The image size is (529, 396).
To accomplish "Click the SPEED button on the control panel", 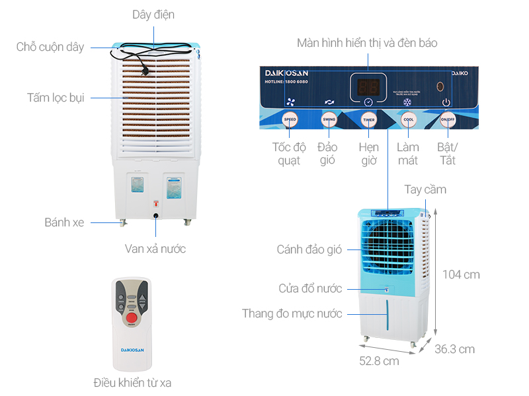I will coord(290,119).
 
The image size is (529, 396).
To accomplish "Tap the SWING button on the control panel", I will coord(329,119).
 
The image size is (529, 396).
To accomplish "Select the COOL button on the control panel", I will coord(409,120).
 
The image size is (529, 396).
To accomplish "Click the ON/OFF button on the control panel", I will coord(448,120).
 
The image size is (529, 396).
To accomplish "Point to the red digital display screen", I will coord(368,86).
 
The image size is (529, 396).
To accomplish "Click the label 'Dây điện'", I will coord(153,15).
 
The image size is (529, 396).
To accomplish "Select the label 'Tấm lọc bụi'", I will coord(56,98).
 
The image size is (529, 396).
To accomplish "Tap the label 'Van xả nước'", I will coord(155,249).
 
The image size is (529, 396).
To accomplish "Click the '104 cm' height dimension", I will coord(462,275).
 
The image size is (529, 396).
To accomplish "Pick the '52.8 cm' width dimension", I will coord(379,361).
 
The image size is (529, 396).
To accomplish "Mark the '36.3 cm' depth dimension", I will coord(454,349).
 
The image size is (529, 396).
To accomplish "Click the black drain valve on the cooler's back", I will coord(156,215).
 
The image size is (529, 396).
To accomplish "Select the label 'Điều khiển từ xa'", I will coord(132,383).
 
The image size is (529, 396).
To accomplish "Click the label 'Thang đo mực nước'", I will coord(292,313).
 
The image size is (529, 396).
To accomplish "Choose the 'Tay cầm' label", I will coord(425,189).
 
